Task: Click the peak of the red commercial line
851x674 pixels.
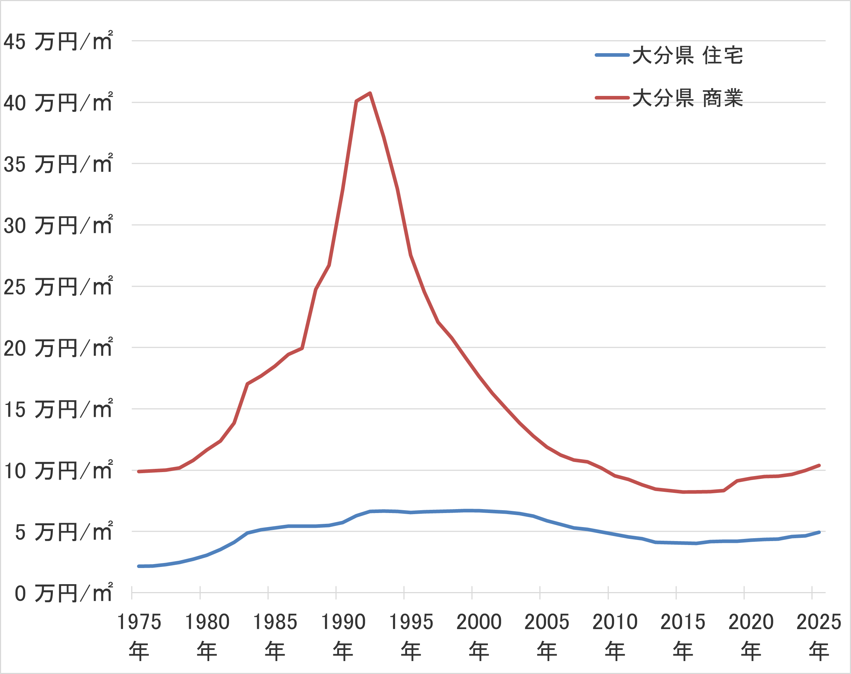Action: click(370, 93)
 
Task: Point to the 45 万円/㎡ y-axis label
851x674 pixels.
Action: click(58, 41)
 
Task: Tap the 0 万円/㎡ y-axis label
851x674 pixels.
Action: click(63, 593)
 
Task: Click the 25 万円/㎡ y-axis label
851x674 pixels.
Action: click(58, 286)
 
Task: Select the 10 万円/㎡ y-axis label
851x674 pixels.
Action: click(58, 471)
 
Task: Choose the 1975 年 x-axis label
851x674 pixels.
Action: click(139, 636)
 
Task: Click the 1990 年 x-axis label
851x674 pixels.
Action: click(343, 636)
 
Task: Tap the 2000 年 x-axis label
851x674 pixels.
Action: click(479, 636)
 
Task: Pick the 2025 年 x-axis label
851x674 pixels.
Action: click(819, 636)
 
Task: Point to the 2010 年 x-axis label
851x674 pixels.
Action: click(615, 636)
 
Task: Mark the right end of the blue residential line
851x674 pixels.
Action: click(819, 532)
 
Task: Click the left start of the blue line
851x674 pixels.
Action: click(138, 566)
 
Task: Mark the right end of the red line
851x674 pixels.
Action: click(819, 465)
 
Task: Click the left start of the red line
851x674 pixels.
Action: click(138, 471)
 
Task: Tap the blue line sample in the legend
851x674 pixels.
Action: click(612, 55)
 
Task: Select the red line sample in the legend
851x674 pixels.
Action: click(612, 98)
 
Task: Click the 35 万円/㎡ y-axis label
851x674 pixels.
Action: click(58, 164)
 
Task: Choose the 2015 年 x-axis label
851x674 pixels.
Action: click(683, 636)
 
